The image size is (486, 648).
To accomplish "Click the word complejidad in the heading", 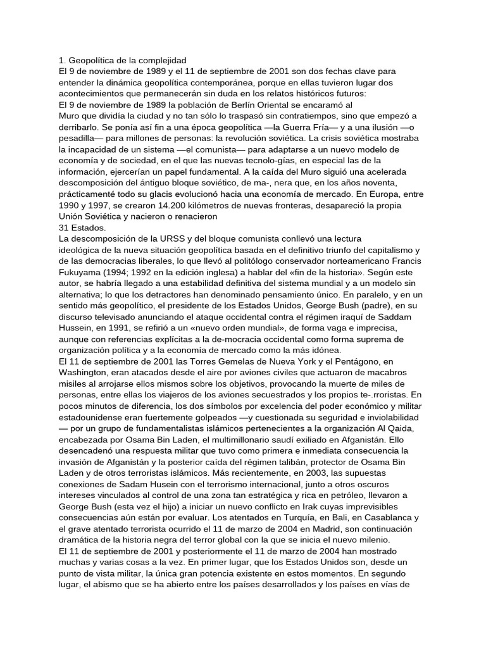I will [x=158, y=60].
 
